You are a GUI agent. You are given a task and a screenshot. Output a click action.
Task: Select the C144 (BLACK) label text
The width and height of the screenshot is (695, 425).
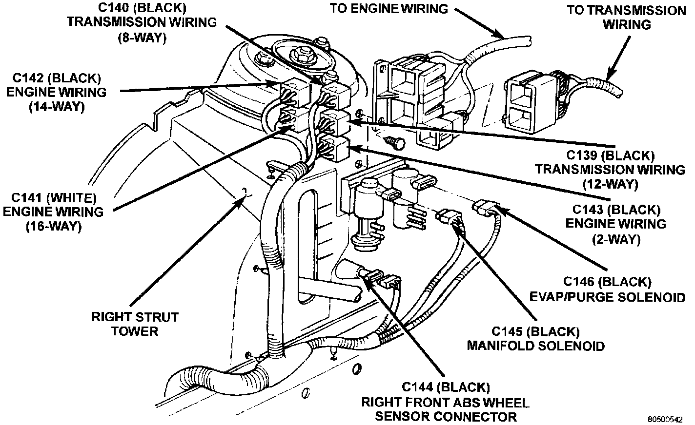click(445, 387)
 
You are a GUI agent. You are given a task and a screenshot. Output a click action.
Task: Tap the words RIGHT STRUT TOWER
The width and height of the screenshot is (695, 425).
click(135, 324)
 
